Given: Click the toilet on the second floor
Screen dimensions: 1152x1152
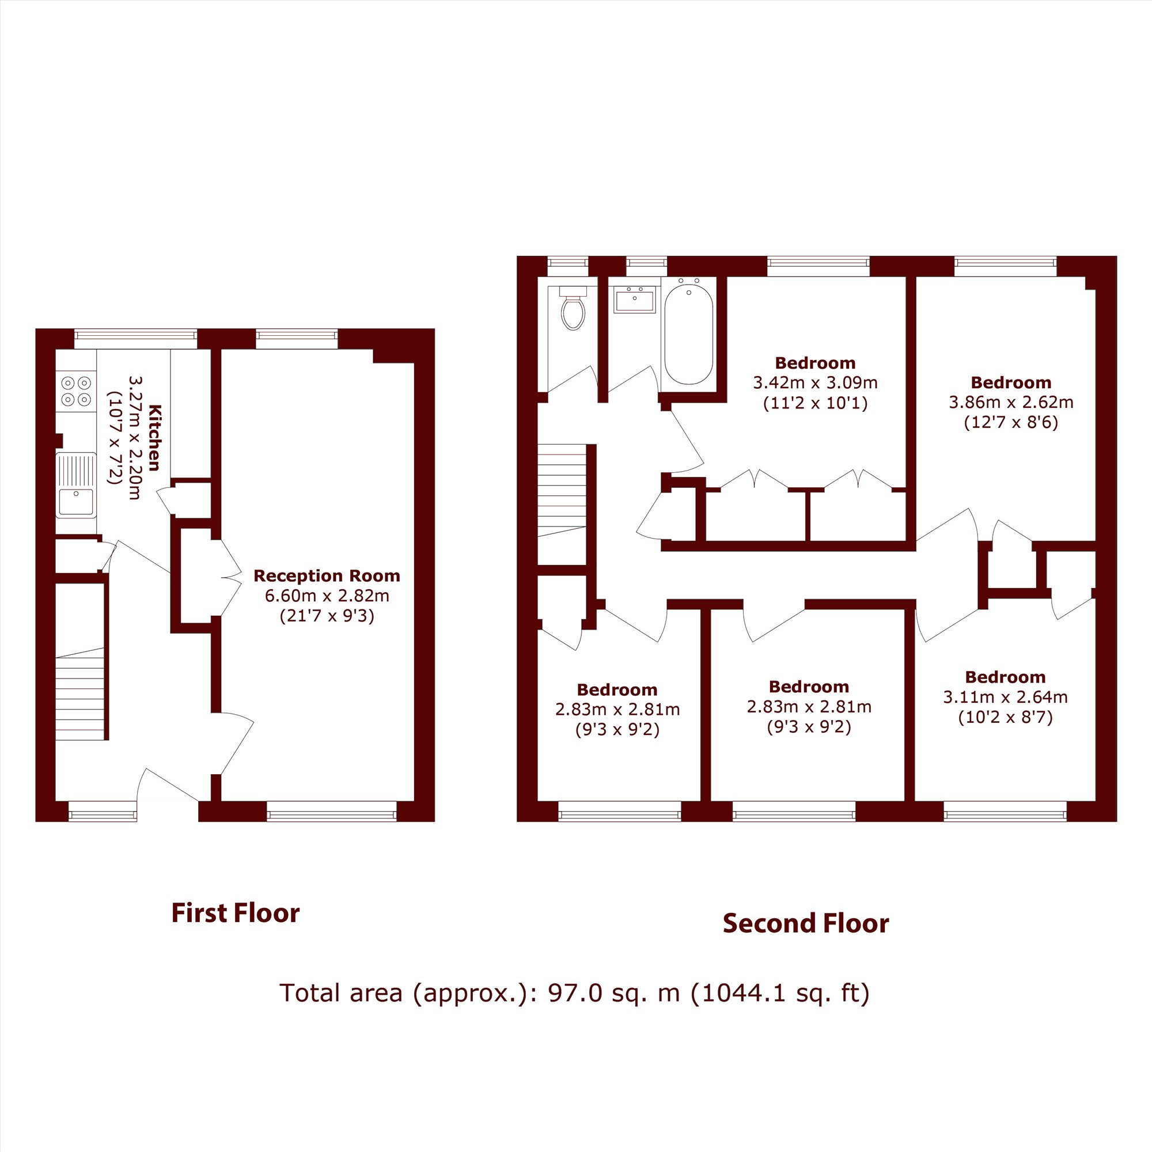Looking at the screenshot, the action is tap(573, 308).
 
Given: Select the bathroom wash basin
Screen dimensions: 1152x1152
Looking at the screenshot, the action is tap(634, 300).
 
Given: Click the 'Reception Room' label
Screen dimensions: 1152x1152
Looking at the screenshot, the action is tap(326, 576).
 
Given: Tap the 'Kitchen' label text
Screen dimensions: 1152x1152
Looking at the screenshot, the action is tap(155, 437).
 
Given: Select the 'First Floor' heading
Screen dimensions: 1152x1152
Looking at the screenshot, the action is tap(236, 914).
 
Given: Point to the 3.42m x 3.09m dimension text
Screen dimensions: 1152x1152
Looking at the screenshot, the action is tap(815, 382).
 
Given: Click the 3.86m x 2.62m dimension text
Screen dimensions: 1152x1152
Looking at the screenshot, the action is tap(1011, 402).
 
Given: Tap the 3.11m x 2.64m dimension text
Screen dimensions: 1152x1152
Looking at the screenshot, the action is tap(1005, 696).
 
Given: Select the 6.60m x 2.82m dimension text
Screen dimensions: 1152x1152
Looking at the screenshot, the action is tap(327, 595).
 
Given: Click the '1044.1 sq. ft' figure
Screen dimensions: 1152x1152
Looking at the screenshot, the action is tap(780, 993).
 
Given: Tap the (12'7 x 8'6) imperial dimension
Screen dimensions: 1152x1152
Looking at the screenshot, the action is tap(1011, 423).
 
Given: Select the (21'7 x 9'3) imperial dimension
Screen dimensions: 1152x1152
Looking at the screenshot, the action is tap(327, 616).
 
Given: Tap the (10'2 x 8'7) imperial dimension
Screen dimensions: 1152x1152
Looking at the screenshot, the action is tap(1005, 717).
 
